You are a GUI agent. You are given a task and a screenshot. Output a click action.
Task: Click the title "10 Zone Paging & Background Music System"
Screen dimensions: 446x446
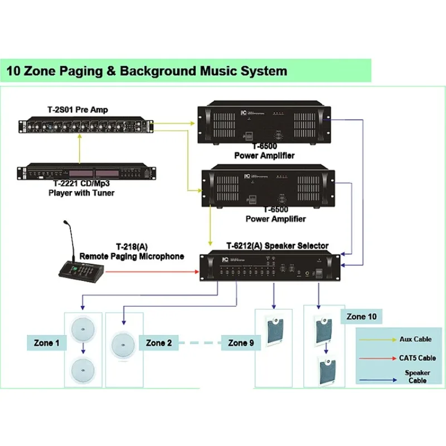[x=147, y=71]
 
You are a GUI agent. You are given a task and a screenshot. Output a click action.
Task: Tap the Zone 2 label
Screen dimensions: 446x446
[x=158, y=342]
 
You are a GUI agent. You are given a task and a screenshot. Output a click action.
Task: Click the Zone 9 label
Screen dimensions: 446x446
[x=241, y=343]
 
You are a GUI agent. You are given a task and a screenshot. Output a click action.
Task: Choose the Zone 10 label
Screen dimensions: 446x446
[x=361, y=316]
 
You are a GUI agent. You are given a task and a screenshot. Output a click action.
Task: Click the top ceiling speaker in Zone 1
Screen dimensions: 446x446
[x=84, y=328]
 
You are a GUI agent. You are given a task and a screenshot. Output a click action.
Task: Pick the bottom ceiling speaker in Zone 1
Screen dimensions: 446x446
[x=84, y=369]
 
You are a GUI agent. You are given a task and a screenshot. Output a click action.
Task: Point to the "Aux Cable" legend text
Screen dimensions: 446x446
[x=415, y=339]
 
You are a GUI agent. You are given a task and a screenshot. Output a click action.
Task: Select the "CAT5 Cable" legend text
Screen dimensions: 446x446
[x=418, y=358]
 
